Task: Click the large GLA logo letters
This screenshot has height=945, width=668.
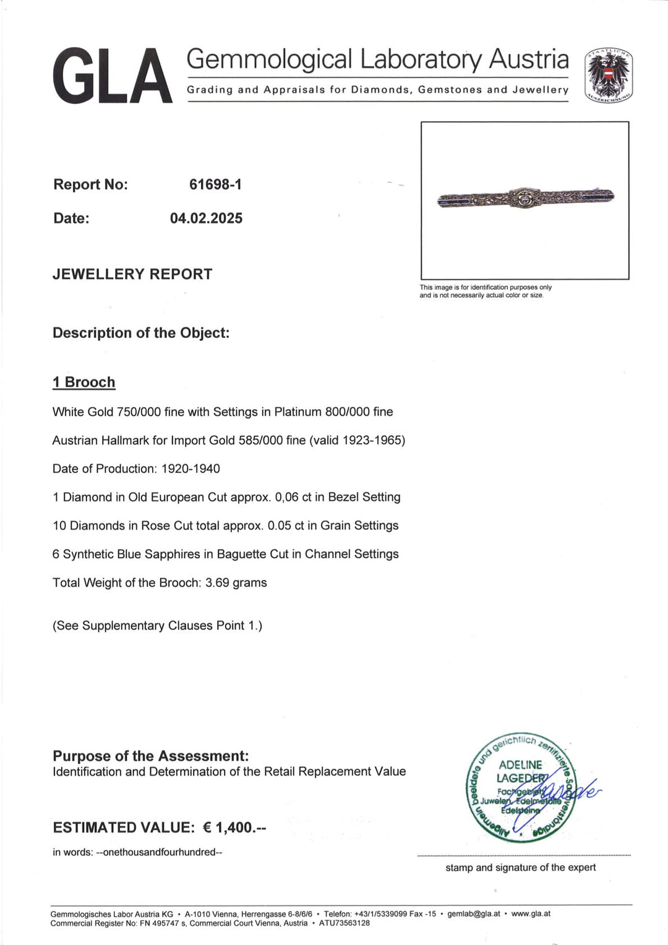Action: pyautogui.click(x=112, y=76)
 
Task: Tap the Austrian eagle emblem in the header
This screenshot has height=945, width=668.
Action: pyautogui.click(x=609, y=75)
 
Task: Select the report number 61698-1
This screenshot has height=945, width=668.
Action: pyautogui.click(x=215, y=184)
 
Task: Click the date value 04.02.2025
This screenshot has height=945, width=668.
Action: pyautogui.click(x=206, y=218)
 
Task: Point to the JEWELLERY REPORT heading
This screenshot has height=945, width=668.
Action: pyautogui.click(x=132, y=274)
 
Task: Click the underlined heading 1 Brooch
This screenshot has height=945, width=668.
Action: pyautogui.click(x=84, y=382)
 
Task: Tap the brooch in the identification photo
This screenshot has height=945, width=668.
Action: pyautogui.click(x=525, y=198)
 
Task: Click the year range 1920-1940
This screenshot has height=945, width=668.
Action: pyautogui.click(x=191, y=469)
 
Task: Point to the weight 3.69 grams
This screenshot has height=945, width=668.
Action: pyautogui.click(x=236, y=583)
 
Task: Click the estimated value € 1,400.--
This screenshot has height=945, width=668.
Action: pyautogui.click(x=234, y=828)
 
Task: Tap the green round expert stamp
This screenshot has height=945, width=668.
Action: pyautogui.click(x=521, y=787)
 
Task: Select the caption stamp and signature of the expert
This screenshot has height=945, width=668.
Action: pyautogui.click(x=521, y=868)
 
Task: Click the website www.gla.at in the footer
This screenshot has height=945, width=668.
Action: pyautogui.click(x=531, y=914)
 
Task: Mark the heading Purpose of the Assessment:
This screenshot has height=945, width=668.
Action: pyautogui.click(x=151, y=756)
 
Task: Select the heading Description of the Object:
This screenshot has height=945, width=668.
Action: pyautogui.click(x=141, y=333)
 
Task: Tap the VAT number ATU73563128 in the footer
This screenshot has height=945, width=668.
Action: pyautogui.click(x=345, y=923)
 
